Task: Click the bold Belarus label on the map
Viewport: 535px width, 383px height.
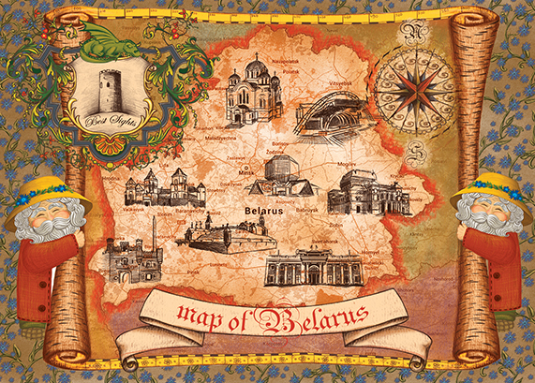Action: click(262, 213)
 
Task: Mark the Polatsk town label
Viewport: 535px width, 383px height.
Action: click(290, 70)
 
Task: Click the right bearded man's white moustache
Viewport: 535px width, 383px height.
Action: click(490, 223)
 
